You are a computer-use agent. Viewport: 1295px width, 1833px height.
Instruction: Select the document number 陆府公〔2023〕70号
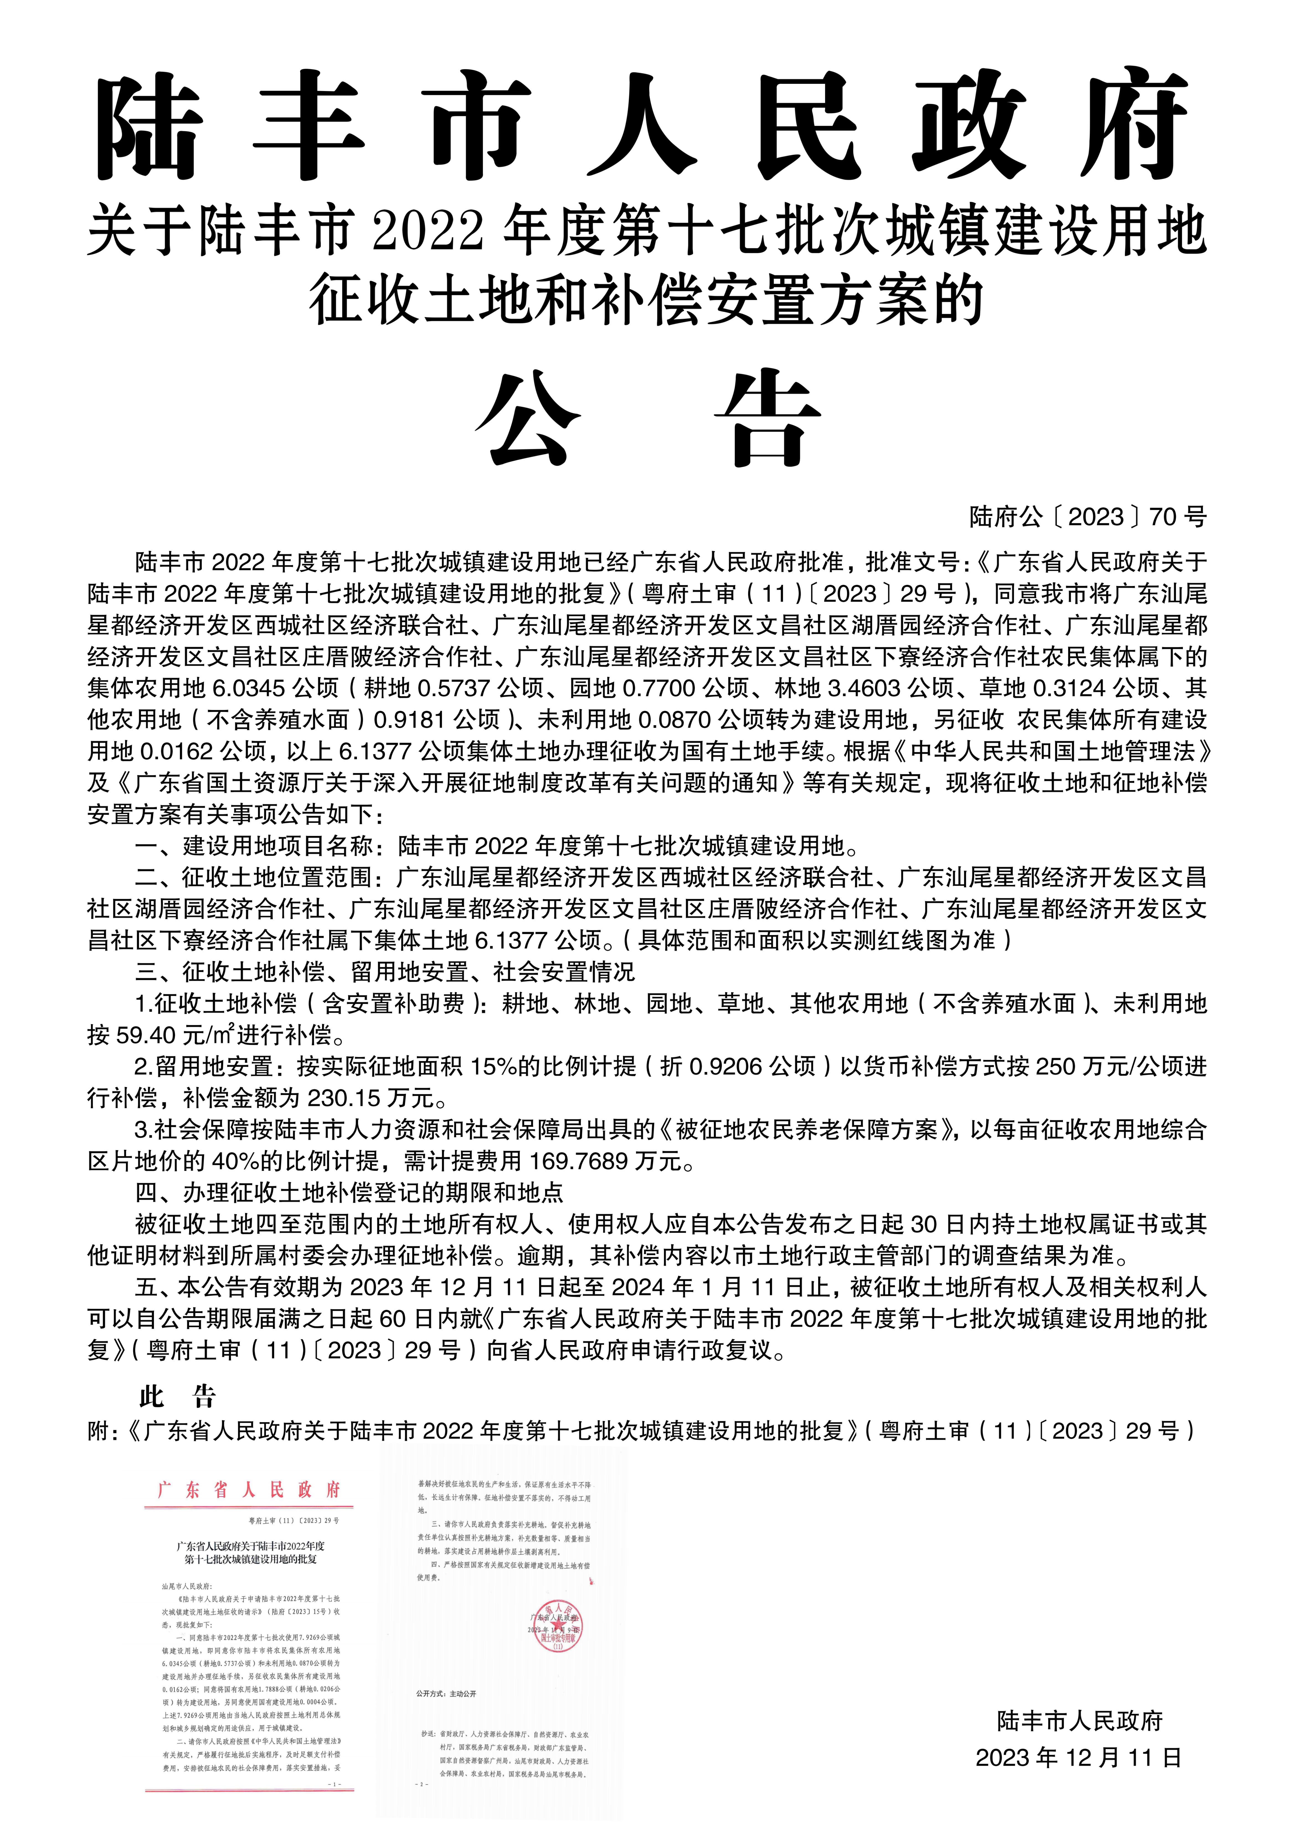[1087, 517]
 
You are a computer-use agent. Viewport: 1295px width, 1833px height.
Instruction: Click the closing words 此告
[177, 1396]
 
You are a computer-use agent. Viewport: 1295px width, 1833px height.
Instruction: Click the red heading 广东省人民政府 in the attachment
[249, 1490]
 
